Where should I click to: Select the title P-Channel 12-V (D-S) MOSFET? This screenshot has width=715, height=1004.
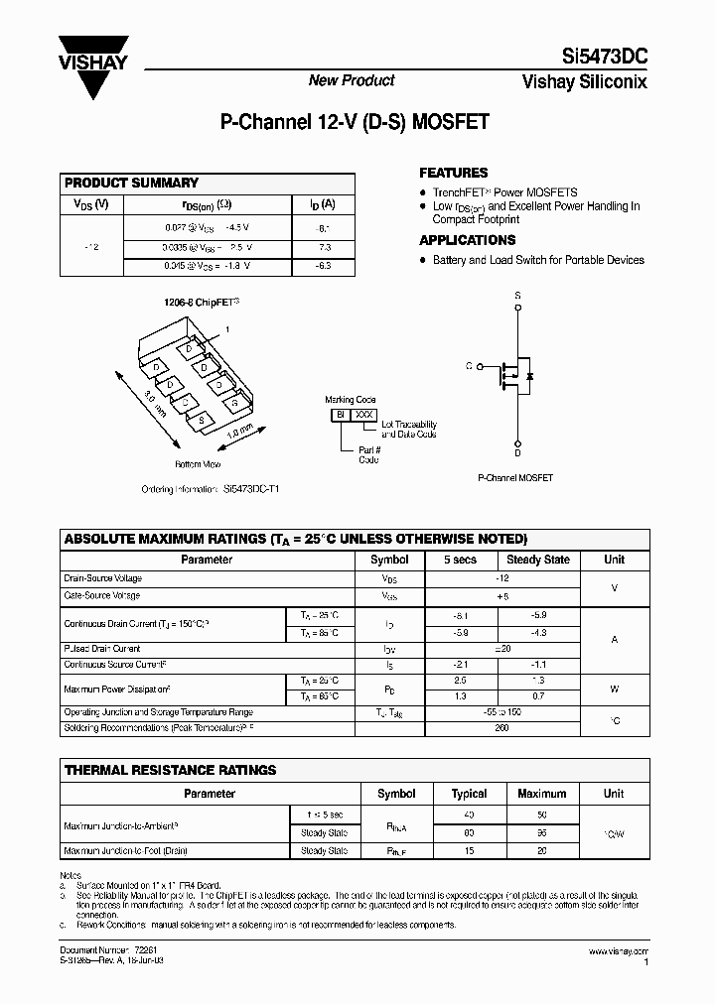354,124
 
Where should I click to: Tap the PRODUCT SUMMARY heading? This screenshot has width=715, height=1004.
131,184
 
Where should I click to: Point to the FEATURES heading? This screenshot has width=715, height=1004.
454,173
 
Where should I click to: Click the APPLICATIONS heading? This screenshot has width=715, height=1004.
467,240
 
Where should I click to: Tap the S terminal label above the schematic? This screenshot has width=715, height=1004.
517,296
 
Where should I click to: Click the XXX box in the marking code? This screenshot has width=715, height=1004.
365,413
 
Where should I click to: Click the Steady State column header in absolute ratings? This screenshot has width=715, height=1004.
538,560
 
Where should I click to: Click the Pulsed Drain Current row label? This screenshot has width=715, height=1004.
102,648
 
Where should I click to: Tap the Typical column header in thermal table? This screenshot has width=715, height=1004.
469,794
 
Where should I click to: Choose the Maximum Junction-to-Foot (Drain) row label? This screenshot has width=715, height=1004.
125,851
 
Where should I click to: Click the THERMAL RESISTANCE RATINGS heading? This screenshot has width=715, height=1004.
170,770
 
